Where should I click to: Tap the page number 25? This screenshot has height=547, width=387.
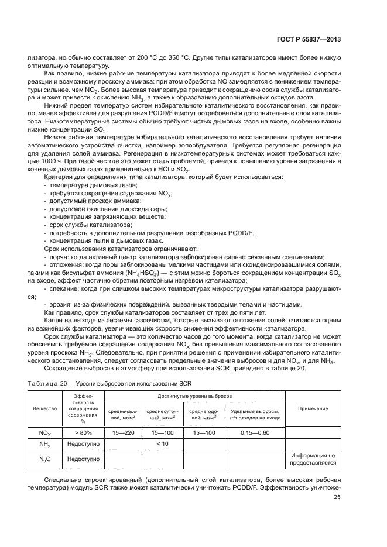pos(337,498)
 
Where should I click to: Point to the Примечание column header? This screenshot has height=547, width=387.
pos(312,408)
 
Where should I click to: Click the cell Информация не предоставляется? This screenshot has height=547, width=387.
pos(312,459)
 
